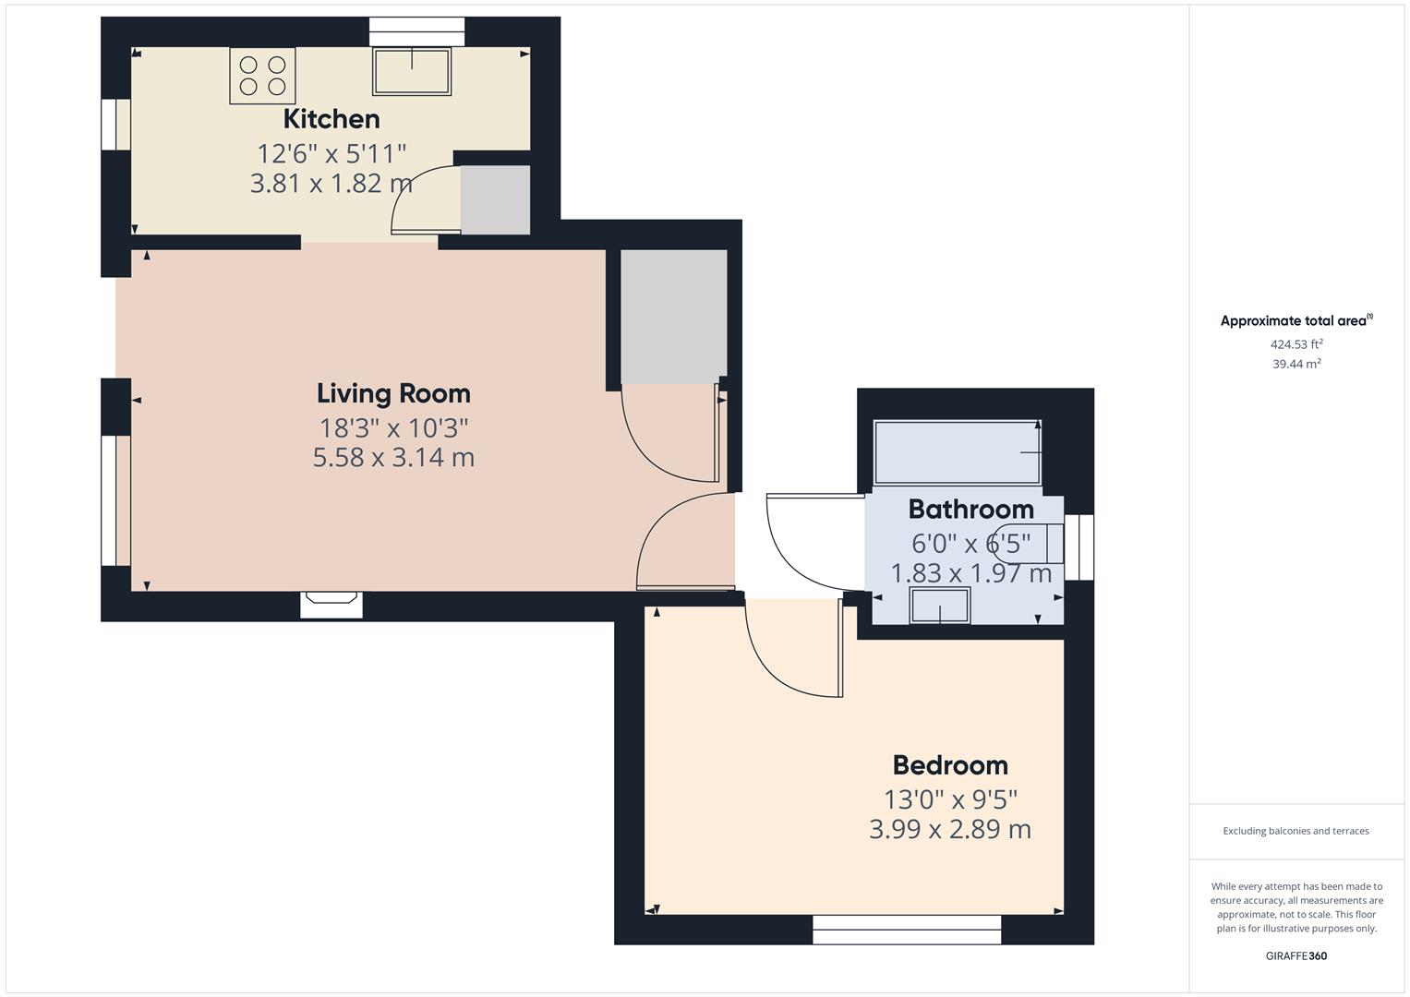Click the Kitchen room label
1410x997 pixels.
(331, 119)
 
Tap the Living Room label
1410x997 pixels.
(393, 393)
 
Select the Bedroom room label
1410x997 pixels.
(950, 765)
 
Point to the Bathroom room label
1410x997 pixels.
(970, 509)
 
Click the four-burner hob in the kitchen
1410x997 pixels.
(262, 76)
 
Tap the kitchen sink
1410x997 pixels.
(412, 71)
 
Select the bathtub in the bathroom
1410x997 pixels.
(957, 452)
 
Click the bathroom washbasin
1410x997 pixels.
(940, 606)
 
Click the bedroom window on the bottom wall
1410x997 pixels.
(907, 930)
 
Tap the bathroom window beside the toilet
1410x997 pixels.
(1079, 547)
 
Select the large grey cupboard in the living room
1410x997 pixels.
(673, 316)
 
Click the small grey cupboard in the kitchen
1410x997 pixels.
(495, 199)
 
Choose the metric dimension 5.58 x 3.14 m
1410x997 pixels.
(393, 458)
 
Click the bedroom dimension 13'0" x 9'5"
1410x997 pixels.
(950, 799)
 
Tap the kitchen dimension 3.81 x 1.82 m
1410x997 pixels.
(331, 183)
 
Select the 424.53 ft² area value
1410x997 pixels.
(1296, 344)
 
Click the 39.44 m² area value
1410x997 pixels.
(1296, 364)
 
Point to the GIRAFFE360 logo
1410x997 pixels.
(1296, 955)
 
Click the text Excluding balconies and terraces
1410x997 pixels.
(1296, 831)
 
